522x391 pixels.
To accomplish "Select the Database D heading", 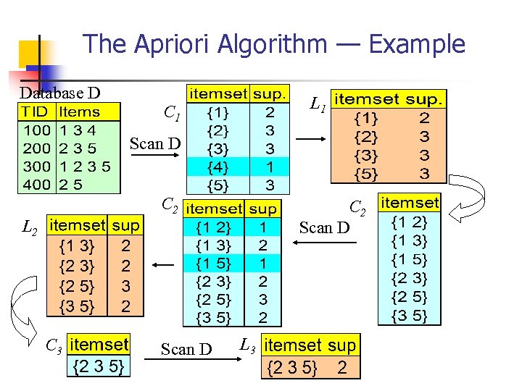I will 59,93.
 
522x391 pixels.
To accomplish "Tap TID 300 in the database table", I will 36,166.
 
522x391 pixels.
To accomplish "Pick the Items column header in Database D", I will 79,112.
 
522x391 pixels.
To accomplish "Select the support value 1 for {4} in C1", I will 270,166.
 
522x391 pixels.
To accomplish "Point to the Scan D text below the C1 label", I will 154,143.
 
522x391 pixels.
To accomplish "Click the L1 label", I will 317,106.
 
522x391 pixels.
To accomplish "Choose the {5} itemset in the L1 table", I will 365,174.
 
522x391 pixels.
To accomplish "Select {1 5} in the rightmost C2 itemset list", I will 410,259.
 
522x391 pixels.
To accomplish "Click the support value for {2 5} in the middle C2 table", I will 262,298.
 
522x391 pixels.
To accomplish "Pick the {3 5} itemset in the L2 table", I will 77,306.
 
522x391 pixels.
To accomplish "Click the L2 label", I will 30,228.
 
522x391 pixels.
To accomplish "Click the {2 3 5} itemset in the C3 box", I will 99,367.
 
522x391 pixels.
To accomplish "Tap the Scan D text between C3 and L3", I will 186,350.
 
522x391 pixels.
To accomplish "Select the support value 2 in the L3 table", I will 342,368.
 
